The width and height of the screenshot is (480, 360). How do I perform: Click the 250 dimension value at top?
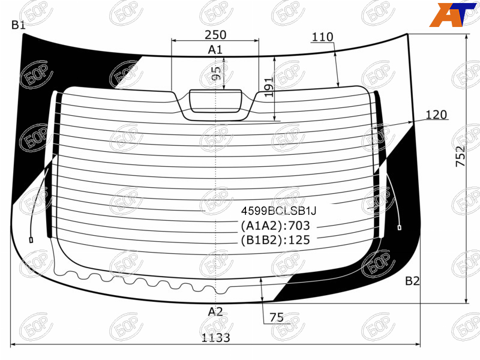[215, 35]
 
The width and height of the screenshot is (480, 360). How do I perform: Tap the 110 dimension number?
[322, 37]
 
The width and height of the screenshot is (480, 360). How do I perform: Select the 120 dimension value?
[437, 115]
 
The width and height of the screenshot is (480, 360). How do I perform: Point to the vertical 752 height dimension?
[461, 157]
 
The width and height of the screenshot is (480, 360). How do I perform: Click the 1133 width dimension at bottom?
[215, 338]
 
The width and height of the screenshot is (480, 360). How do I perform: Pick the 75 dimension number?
[277, 317]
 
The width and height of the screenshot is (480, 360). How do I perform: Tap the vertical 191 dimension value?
[268, 87]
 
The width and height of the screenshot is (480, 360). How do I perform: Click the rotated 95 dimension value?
[216, 73]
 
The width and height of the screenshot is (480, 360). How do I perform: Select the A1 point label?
[215, 50]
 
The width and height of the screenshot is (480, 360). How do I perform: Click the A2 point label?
[215, 312]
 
